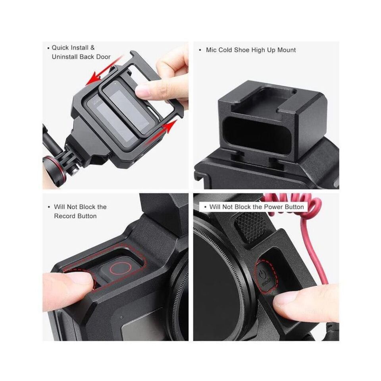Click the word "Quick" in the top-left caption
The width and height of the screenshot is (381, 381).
coord(61,48)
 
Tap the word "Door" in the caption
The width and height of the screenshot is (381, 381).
coord(103,57)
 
